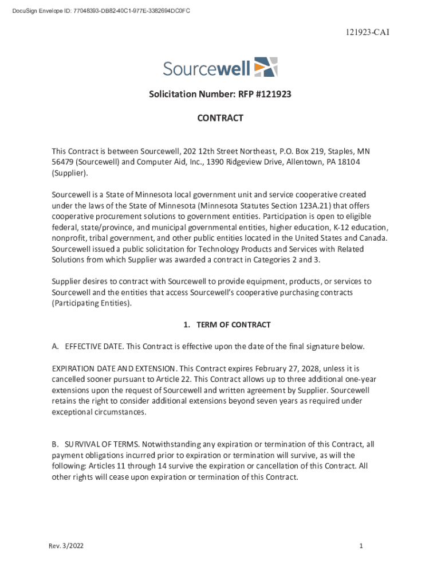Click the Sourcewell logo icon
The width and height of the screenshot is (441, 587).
tap(266, 66)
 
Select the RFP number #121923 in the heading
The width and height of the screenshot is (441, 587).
tap(270, 93)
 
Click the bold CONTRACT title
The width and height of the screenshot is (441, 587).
tap(220, 118)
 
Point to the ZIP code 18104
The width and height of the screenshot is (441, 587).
tap(349, 162)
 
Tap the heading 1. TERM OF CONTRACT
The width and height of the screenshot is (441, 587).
tap(227, 325)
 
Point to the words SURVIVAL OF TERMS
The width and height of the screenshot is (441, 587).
tap(101, 444)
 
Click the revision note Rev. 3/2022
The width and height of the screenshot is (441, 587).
tap(66, 546)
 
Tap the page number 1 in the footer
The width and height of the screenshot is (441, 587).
tap(361, 546)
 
